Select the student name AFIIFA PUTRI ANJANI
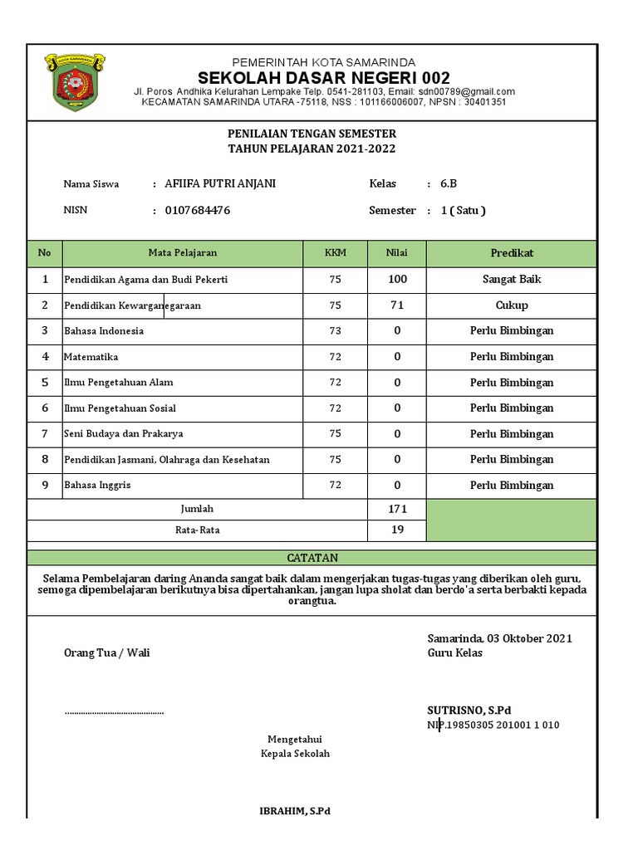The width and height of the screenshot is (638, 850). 220,183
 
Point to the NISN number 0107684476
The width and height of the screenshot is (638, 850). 198,210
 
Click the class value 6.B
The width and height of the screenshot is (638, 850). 449,183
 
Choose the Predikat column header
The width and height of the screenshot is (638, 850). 512,253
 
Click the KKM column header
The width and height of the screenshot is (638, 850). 335,253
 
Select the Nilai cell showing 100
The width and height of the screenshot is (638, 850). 397,280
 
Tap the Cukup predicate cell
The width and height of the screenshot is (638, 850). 512,305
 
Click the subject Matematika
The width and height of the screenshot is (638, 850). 91,357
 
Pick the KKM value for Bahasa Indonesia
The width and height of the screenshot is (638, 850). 335,331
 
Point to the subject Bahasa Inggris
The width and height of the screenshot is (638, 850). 97,486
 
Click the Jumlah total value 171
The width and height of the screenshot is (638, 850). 397,509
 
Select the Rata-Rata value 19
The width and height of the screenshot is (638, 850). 397,530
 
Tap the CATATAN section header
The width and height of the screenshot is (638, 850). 312,558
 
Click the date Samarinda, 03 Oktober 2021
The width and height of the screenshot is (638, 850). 499,638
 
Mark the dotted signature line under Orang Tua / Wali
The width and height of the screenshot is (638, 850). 114,712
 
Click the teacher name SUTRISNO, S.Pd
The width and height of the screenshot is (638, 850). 469,710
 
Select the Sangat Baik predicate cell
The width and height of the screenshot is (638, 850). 512,280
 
